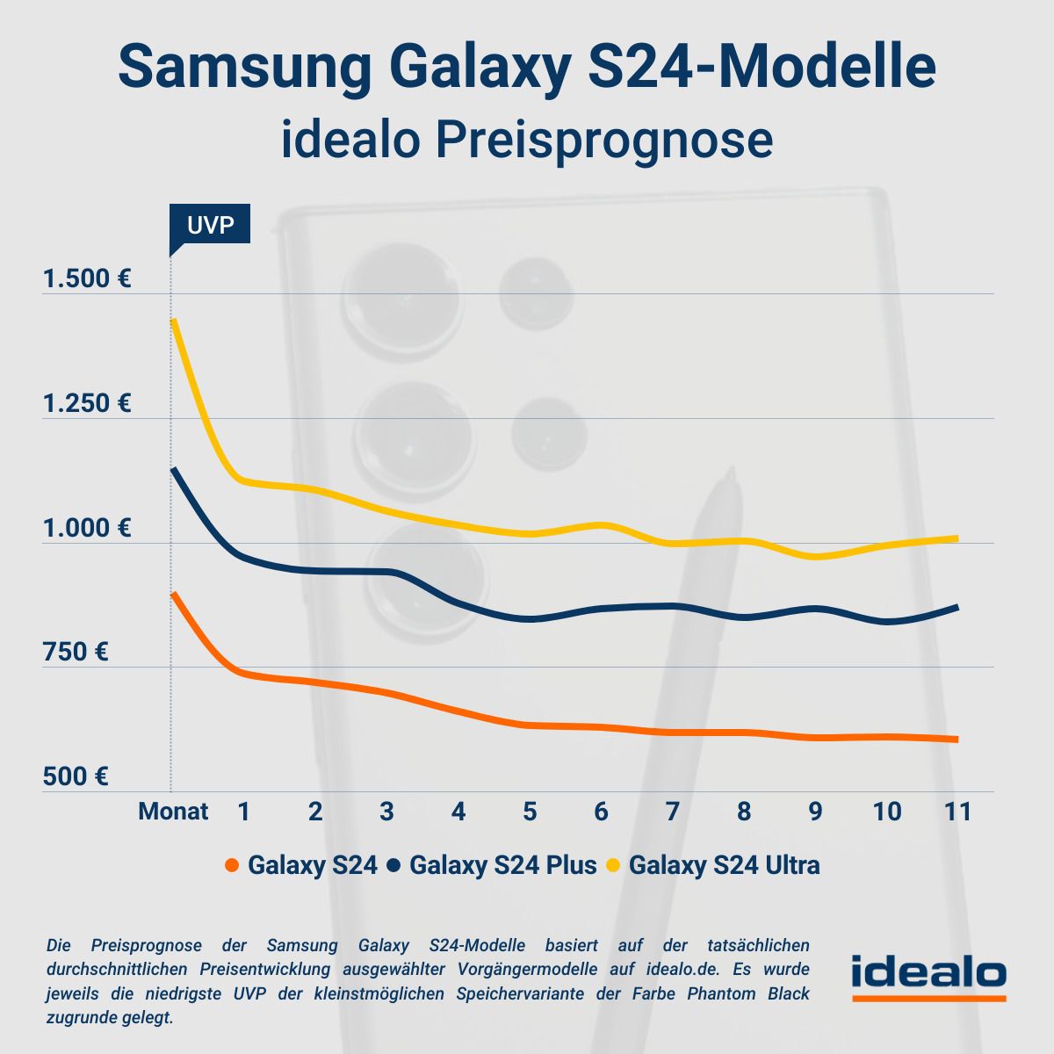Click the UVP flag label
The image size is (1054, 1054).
point(210,225)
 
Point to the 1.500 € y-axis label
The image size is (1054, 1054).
point(87,279)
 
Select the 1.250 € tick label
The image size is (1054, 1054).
point(87,404)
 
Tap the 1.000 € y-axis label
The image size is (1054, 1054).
point(87,528)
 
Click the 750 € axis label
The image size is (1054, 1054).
point(76,653)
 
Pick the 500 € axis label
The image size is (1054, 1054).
point(76,776)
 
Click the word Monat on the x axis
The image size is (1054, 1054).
point(173,811)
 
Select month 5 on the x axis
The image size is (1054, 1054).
point(530,811)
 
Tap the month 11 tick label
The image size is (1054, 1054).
point(958,811)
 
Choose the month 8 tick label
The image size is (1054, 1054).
point(744,811)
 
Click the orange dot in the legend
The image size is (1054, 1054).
point(232,866)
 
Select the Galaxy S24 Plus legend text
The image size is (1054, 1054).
point(502,865)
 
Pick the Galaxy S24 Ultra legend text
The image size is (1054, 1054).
point(724,865)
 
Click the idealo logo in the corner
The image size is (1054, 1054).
point(928,976)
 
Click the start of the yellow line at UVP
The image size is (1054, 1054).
point(174,321)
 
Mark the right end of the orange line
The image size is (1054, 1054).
point(956,740)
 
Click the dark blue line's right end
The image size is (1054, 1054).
point(956,607)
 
